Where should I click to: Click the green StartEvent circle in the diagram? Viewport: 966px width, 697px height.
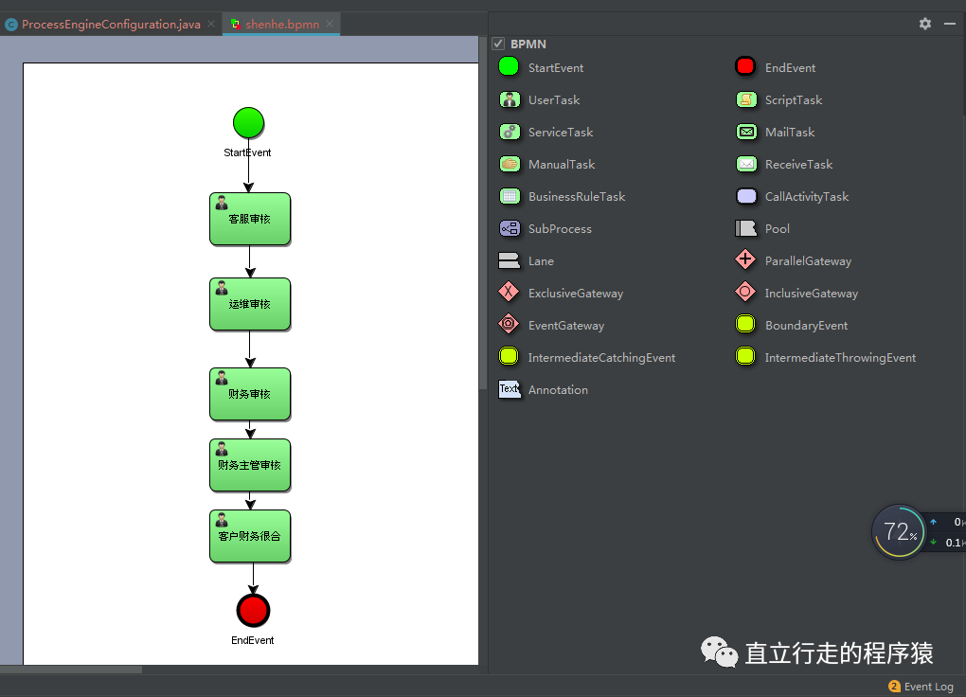tap(248, 123)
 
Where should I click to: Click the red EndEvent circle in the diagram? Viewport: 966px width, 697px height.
tap(253, 611)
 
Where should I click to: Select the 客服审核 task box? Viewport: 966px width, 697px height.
tap(250, 220)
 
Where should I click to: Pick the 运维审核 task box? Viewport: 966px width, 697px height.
tap(250, 304)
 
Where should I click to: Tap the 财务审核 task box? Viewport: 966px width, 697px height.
tap(250, 394)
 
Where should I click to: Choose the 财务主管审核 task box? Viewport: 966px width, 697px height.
tap(250, 465)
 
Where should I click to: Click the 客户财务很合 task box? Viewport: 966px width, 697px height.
tap(250, 536)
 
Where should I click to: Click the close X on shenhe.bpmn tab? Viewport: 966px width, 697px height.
tap(329, 24)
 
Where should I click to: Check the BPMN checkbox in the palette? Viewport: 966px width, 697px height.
tap(498, 44)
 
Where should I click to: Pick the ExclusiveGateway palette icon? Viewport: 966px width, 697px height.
tap(510, 292)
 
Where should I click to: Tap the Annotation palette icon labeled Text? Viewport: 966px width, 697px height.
tap(510, 389)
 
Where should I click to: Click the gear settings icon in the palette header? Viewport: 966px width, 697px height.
tap(925, 24)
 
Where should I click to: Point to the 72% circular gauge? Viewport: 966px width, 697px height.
tap(898, 532)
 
